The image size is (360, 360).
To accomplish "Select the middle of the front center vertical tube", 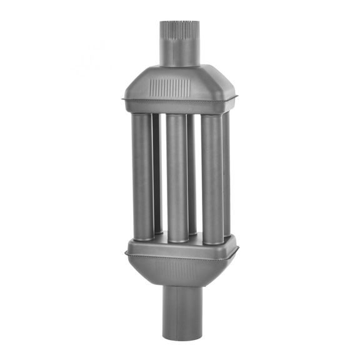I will point(177,175).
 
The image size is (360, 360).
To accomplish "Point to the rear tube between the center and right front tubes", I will point(193,169).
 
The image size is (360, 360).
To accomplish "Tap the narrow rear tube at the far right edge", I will point(226,169).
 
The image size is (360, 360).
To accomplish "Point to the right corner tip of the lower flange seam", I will point(238,252).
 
